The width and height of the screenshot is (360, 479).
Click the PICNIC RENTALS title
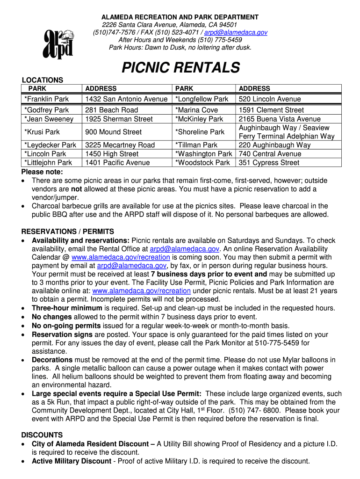(180, 68)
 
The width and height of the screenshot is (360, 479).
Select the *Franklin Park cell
(47, 99)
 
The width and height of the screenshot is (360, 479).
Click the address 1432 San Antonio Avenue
(126, 99)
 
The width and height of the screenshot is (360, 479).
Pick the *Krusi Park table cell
(43, 132)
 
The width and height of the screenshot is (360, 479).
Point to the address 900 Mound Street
(114, 132)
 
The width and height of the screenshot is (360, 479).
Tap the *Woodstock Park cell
(203, 163)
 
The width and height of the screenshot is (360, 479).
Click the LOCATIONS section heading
(43, 80)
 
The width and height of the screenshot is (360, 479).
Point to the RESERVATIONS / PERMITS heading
(68, 232)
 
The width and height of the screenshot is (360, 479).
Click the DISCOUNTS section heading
(42, 435)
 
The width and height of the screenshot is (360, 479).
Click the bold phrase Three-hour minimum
(67, 308)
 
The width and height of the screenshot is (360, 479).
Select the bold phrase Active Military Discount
(72, 461)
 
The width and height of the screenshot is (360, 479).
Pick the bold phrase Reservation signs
(59, 334)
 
